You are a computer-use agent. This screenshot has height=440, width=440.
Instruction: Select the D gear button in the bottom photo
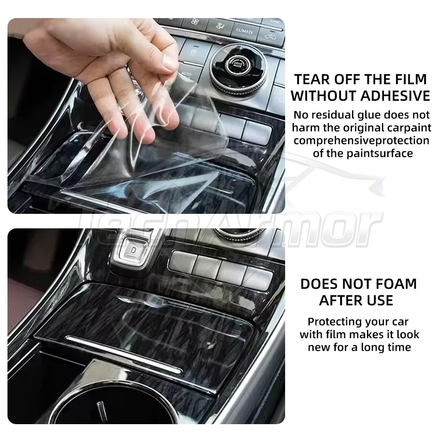click(x=134, y=249)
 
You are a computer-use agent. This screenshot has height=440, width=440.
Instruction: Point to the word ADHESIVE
click(x=396, y=96)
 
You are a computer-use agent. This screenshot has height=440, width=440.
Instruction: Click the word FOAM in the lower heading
click(x=396, y=284)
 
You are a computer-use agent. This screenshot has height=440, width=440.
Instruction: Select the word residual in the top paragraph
click(x=333, y=115)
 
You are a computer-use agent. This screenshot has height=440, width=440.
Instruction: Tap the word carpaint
click(x=409, y=128)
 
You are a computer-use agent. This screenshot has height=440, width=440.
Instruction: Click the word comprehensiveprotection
click(x=361, y=141)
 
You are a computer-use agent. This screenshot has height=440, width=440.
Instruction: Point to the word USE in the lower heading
click(x=380, y=301)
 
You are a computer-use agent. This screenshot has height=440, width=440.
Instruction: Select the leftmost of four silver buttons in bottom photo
click(x=183, y=262)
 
